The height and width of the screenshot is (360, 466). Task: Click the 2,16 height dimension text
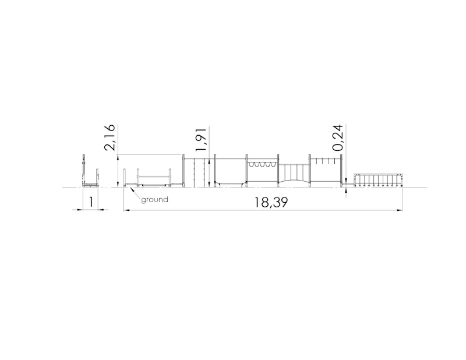point(110,137)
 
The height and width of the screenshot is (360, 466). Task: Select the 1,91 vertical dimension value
point(201,139)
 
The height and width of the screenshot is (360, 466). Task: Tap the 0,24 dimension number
point(338,137)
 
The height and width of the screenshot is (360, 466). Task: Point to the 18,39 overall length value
point(271,203)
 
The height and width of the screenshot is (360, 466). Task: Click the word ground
point(154,199)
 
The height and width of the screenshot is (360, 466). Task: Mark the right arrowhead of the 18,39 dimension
point(400,210)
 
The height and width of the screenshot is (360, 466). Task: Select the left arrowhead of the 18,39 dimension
point(127,210)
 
